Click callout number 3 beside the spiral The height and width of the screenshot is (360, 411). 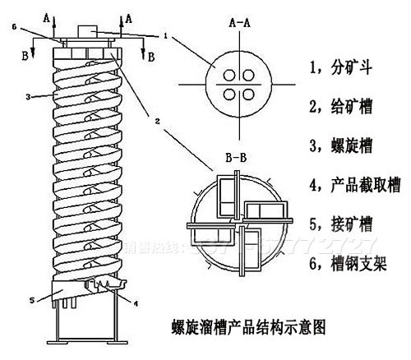pos(28,96)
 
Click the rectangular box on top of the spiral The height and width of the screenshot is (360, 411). pos(90,31)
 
